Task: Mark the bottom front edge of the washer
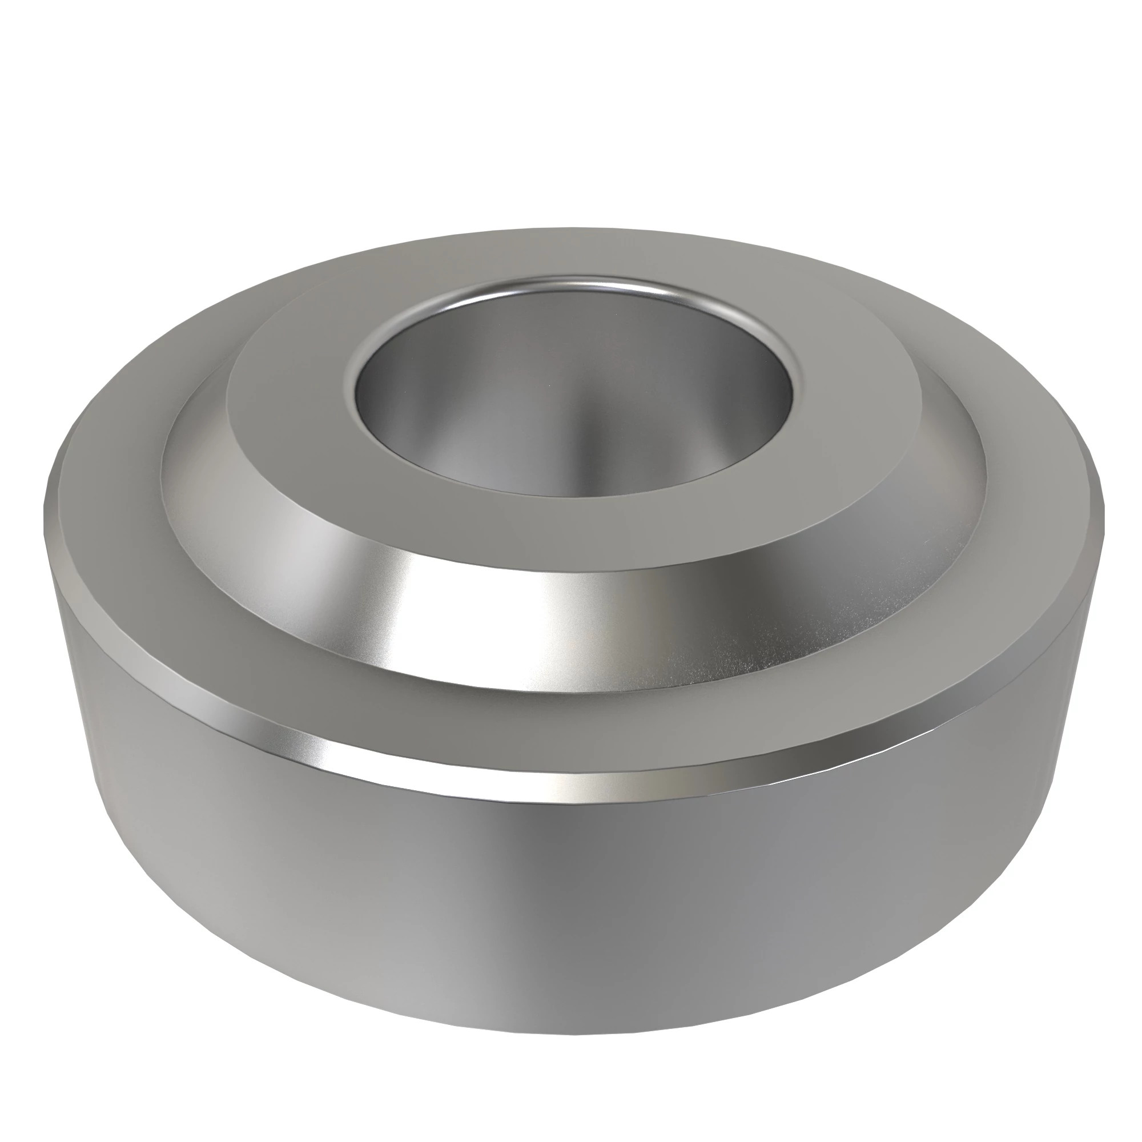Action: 568,1046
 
